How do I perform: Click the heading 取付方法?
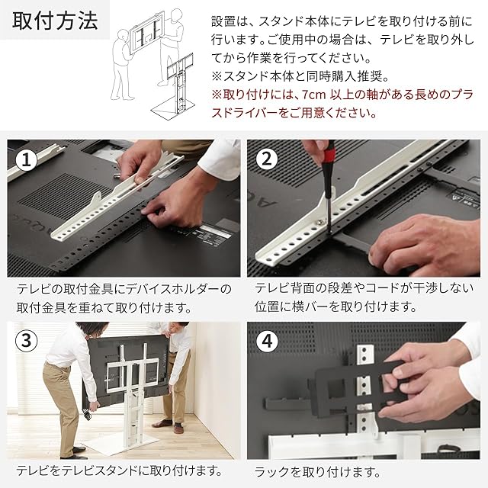tap(55, 21)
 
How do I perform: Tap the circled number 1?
tap(27, 160)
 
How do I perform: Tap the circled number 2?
tap(267, 159)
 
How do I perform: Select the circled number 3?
tap(27, 341)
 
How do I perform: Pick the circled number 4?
tap(267, 342)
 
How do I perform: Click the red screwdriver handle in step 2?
tap(329, 159)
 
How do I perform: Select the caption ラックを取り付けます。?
tap(317, 473)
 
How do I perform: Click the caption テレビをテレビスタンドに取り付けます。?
tap(119, 470)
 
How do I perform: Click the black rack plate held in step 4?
tap(361, 386)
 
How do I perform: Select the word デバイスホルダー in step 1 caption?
tap(172, 290)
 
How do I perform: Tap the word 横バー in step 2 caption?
tap(311, 307)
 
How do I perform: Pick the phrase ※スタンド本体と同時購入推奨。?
tap(300, 76)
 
